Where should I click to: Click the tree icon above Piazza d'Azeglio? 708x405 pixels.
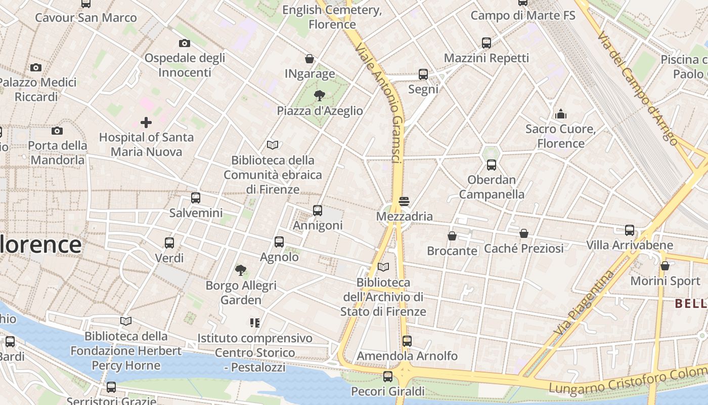pyautogui.click(x=319, y=95)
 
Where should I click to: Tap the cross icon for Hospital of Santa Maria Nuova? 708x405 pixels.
pyautogui.click(x=146, y=122)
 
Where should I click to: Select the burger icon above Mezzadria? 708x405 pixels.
pyautogui.click(x=404, y=201)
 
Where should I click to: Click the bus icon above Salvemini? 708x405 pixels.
pyautogui.click(x=196, y=198)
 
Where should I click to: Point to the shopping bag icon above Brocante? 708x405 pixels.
pyautogui.click(x=452, y=236)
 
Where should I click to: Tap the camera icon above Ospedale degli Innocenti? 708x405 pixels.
pyautogui.click(x=185, y=43)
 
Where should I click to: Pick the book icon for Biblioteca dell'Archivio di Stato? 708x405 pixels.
pyautogui.click(x=383, y=267)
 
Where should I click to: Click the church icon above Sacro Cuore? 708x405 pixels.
pyautogui.click(x=560, y=114)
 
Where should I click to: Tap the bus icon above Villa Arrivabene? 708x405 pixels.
pyautogui.click(x=630, y=230)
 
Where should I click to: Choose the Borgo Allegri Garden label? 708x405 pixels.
pyautogui.click(x=241, y=293)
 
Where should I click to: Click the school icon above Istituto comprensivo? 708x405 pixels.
pyautogui.click(x=254, y=322)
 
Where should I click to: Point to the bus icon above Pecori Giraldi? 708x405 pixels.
pyautogui.click(x=388, y=377)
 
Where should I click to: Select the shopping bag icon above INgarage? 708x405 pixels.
pyautogui.click(x=309, y=59)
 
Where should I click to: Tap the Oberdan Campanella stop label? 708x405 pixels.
pyautogui.click(x=492, y=187)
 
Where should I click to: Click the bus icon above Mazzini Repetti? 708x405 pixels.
pyautogui.click(x=486, y=43)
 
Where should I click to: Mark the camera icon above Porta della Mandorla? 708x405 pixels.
pyautogui.click(x=57, y=131)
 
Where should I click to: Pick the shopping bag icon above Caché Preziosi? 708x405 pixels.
pyautogui.click(x=524, y=233)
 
